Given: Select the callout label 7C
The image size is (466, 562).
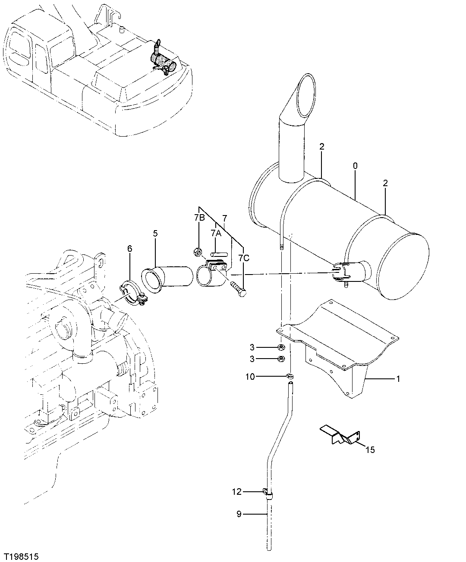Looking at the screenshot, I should pyautogui.click(x=244, y=258).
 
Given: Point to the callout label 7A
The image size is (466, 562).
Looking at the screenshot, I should pyautogui.click(x=216, y=233).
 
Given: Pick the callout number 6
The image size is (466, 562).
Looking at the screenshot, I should pyautogui.click(x=129, y=249).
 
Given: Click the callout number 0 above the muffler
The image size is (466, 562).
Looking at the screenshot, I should pyautogui.click(x=355, y=165).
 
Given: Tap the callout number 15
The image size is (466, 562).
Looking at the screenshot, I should pyautogui.click(x=370, y=450).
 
